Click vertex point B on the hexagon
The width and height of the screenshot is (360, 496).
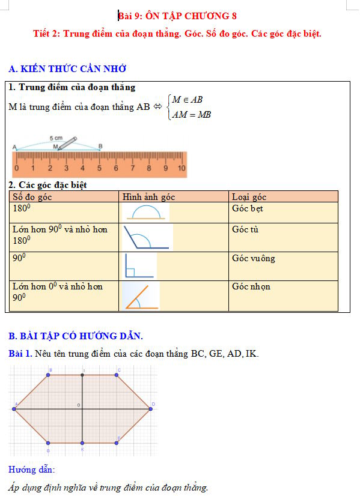49,375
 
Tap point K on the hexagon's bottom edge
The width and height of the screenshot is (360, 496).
82,443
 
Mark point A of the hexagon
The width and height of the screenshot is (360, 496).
14,409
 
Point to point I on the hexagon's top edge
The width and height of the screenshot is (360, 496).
82,375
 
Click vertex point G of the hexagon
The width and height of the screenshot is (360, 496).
49,443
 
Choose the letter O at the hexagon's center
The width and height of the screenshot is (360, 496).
78,406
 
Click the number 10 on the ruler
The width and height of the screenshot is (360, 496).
182,169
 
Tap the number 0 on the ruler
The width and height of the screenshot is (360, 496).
16,169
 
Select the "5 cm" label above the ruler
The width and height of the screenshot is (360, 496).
56,138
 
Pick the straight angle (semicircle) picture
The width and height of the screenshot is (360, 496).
146,212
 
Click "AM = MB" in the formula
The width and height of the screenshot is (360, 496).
191,115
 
